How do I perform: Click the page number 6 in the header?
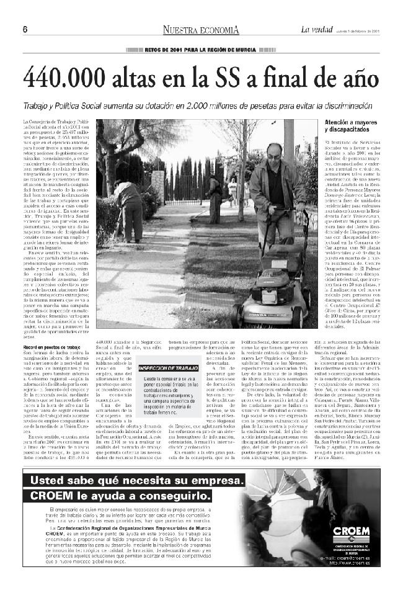25,30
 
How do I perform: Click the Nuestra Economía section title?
201,30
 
